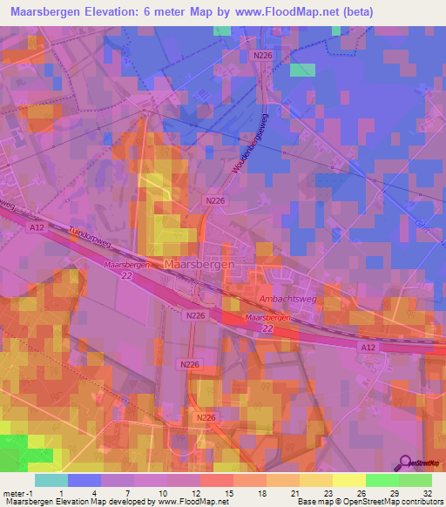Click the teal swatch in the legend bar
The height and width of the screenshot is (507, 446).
[x=51, y=480]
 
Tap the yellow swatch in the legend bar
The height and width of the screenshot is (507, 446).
[x=348, y=480]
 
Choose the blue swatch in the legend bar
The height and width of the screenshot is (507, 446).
[x=84, y=480]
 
